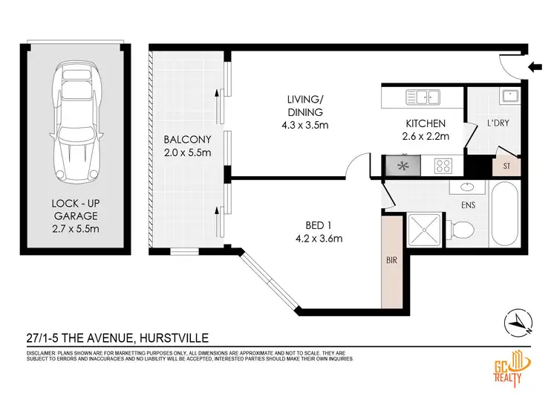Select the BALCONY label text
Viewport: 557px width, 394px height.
[187, 146]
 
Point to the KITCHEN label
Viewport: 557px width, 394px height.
[425, 130]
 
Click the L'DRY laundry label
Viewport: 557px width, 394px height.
[498, 123]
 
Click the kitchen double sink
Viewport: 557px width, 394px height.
[422, 96]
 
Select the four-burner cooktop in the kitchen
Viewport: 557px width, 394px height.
[444, 165]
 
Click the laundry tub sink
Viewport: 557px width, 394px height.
[509, 96]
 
